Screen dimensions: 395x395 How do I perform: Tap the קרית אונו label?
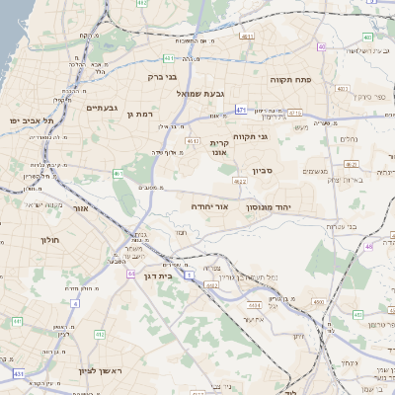pyautogui.click(x=219, y=148)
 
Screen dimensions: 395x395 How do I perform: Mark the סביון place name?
pyautogui.click(x=262, y=171)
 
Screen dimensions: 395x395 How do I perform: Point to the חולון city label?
pyautogui.click(x=50, y=240)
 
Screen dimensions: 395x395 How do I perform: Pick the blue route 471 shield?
pyautogui.click(x=242, y=110)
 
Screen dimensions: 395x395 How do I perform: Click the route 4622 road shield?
pyautogui.click(x=240, y=182)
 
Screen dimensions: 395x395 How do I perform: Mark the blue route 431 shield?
pyautogui.click(x=19, y=374)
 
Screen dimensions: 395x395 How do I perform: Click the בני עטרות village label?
pyautogui.click(x=340, y=225)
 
